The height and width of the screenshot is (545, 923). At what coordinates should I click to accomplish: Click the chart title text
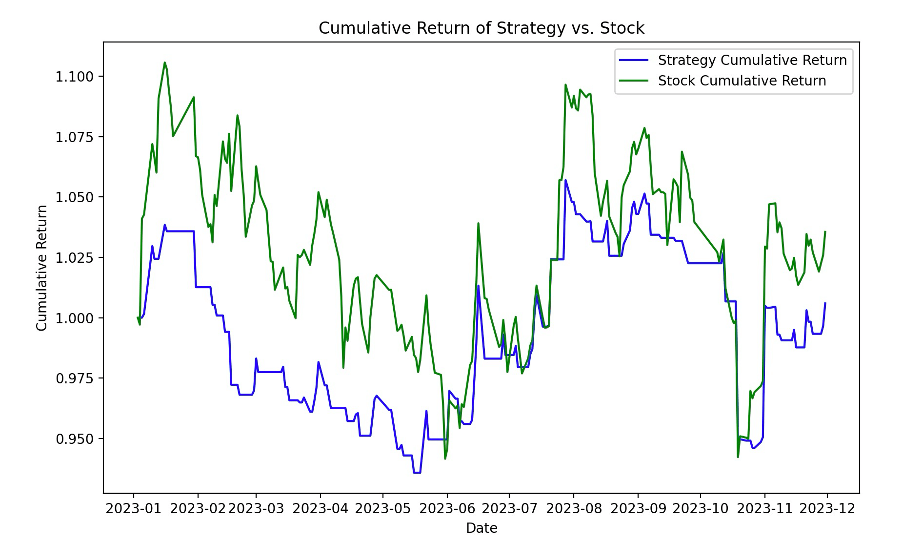pos(482,28)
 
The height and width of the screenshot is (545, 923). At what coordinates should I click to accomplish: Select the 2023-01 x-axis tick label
pos(134,509)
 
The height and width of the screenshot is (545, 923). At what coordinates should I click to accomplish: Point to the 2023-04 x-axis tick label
pos(321,509)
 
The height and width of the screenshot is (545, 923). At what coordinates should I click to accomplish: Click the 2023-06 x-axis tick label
pos(447,509)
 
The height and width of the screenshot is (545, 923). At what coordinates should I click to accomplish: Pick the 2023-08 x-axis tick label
pos(574,509)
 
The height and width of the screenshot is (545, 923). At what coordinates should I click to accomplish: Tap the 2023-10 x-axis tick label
pos(701,509)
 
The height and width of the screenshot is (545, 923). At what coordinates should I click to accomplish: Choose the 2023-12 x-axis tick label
pos(827,509)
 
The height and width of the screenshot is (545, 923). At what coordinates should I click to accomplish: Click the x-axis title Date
pos(482,528)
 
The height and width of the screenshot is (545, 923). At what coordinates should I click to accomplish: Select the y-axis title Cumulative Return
pos(42,268)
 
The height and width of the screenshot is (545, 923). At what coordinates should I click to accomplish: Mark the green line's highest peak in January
pos(164,63)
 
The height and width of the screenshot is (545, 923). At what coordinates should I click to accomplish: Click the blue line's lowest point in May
pos(417,472)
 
